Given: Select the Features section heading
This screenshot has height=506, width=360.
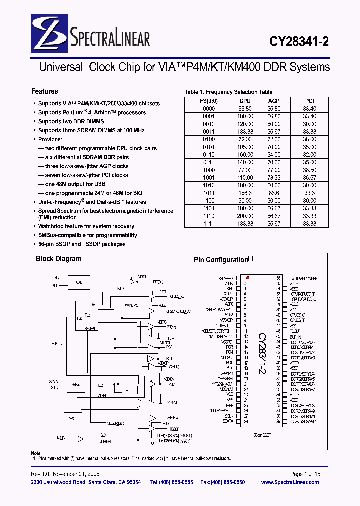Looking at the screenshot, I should point(44,91).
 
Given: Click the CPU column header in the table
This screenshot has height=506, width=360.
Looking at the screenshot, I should point(245,101).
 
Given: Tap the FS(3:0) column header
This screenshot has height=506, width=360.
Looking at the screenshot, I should point(209,101).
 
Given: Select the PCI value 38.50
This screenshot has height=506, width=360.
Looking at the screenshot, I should point(310,170).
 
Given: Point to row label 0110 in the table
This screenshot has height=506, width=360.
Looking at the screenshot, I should point(209,155).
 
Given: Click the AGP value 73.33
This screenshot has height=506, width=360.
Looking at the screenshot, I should point(273,178).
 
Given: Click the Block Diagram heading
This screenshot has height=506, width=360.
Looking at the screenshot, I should point(58,259).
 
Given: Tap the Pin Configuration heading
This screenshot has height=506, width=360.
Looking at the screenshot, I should point(221,260).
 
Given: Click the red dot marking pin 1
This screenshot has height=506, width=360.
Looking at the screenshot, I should point(248,278).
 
